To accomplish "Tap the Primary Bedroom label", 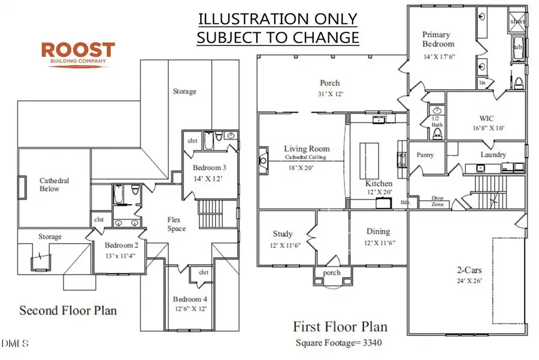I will click(438, 39).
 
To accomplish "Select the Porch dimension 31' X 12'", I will click(329, 94).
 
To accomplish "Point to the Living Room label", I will click(307, 149).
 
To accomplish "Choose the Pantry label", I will click(425, 155).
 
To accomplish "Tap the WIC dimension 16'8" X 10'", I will click(483, 128).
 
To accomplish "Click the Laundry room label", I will click(493, 155).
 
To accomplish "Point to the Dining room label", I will click(378, 231).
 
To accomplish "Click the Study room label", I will click(283, 234).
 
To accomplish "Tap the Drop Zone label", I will click(438, 201).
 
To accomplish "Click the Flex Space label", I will click(177, 224).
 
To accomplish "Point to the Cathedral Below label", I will click(54, 184).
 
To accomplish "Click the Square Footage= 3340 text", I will click(340, 343).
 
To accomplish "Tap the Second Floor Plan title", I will click(68, 310).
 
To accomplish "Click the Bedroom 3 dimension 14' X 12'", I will click(207, 179).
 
